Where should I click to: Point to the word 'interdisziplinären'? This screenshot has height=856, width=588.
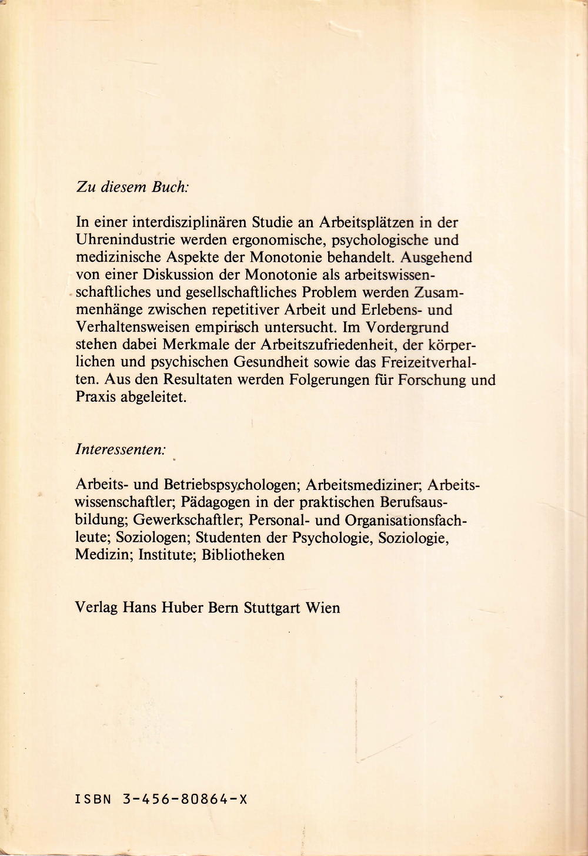[181, 223]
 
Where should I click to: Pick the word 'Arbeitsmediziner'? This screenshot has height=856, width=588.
[363, 485]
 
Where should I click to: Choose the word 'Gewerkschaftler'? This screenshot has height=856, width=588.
[189, 520]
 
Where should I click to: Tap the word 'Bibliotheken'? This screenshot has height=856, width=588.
[243, 555]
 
